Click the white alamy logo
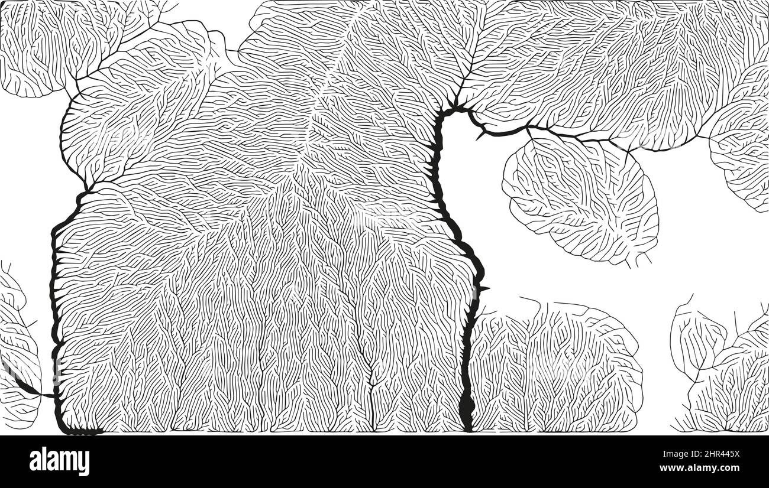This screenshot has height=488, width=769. coord(60,461)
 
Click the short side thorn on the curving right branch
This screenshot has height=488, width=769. coord(480,136)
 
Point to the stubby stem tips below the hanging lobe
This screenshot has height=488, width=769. coord(639,260)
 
